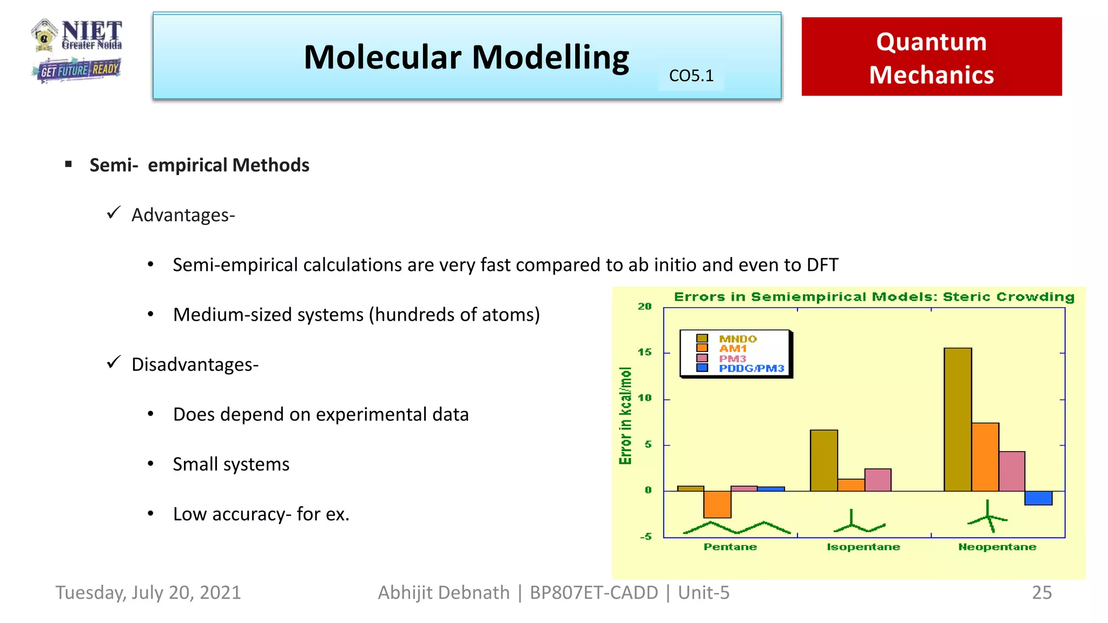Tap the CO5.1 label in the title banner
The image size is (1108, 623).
pyautogui.click(x=691, y=76)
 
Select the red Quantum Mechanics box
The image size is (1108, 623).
pyautogui.click(x=931, y=57)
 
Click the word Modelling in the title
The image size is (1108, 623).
pyautogui.click(x=550, y=57)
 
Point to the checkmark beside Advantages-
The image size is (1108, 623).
pyautogui.click(x=114, y=213)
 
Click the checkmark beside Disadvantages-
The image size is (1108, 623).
pyautogui.click(x=114, y=362)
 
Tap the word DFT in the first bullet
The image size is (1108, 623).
pyautogui.click(x=822, y=265)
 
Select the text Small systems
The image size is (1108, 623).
pyautogui.click(x=231, y=464)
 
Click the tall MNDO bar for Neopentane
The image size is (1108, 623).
pyautogui.click(x=957, y=419)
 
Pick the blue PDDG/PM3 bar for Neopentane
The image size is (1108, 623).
pyautogui.click(x=1038, y=498)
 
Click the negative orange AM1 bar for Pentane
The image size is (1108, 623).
pyautogui.click(x=717, y=504)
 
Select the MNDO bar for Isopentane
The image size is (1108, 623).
pyautogui.click(x=823, y=460)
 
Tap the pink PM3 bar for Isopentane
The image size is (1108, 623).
pyautogui.click(x=878, y=480)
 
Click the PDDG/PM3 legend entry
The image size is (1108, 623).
pyautogui.click(x=751, y=368)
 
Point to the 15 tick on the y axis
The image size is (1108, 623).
pyautogui.click(x=644, y=352)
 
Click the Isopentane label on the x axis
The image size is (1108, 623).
pyautogui.click(x=863, y=547)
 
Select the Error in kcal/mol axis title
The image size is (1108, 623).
pyautogui.click(x=625, y=415)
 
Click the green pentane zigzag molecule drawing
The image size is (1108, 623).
pyautogui.click(x=736, y=527)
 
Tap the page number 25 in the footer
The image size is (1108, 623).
pyautogui.click(x=1041, y=593)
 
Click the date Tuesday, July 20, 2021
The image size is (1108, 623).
pyautogui.click(x=148, y=593)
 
